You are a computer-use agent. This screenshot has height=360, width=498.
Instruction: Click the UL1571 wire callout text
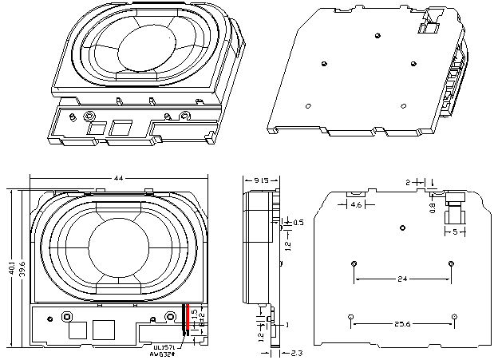coord(165,347)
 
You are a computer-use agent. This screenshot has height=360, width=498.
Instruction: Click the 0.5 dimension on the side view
coord(298,222)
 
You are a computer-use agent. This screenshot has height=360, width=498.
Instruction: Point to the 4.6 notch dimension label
coord(358,205)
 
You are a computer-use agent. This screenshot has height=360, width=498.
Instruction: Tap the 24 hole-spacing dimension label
coord(402,279)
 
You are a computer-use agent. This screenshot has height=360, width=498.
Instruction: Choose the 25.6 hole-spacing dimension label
coord(402,324)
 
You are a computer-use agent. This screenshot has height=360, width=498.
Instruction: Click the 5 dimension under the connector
coord(455,233)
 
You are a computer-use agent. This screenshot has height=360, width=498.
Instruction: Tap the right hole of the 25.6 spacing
coord(453,318)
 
